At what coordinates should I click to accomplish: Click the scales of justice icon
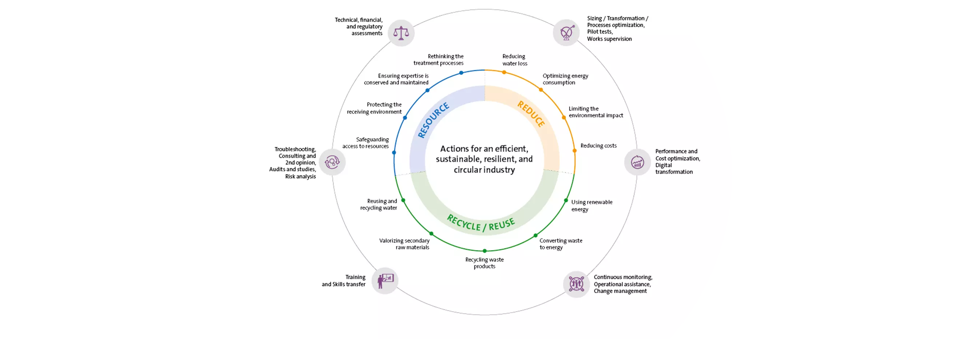[401, 33]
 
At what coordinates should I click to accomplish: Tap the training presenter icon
[385, 281]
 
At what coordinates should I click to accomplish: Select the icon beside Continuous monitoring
[576, 284]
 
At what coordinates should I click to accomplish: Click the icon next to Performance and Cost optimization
[637, 162]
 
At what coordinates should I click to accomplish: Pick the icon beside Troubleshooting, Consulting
[332, 162]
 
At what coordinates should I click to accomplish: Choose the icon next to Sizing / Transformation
[566, 33]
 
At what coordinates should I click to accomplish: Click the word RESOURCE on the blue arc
[433, 120]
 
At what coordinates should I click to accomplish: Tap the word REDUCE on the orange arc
[531, 114]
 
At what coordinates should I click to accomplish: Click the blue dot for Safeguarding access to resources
[394, 153]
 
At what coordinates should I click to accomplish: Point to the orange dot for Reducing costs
[574, 151]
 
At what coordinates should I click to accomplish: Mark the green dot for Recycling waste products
[485, 251]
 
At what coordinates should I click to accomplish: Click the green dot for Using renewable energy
[566, 201]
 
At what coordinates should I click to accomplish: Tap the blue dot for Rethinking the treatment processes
[461, 73]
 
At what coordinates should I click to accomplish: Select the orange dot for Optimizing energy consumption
[541, 90]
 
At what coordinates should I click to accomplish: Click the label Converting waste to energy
[561, 244]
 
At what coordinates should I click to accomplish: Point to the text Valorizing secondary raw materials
[405, 244]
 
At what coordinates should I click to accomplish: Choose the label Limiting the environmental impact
[595, 112]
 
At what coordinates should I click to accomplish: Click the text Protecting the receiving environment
[374, 108]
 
